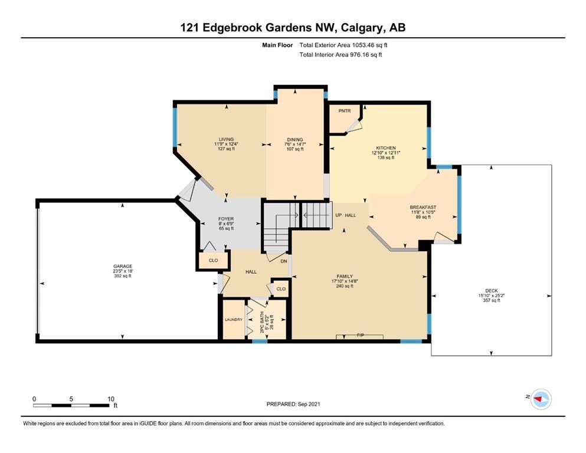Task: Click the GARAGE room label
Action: point(123,266)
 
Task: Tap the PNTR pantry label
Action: point(345,111)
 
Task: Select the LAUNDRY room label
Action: point(234,320)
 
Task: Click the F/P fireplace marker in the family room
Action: point(360,336)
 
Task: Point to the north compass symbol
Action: point(541,399)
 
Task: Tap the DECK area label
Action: point(492,291)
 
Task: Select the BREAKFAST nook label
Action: point(423,207)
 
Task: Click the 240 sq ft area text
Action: point(345,286)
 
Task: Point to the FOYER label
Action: point(226,219)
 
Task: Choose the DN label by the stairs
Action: point(284,261)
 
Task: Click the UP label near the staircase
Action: point(339,215)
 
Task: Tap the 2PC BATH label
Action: point(262,322)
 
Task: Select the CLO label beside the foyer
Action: point(214,260)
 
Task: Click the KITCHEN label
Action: point(386,148)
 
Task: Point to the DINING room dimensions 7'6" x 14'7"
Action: point(295,144)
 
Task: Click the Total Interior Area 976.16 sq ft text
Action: point(341,54)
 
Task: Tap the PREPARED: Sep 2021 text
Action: point(293,404)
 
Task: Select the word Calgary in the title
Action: point(362,28)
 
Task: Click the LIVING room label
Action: point(226,140)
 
